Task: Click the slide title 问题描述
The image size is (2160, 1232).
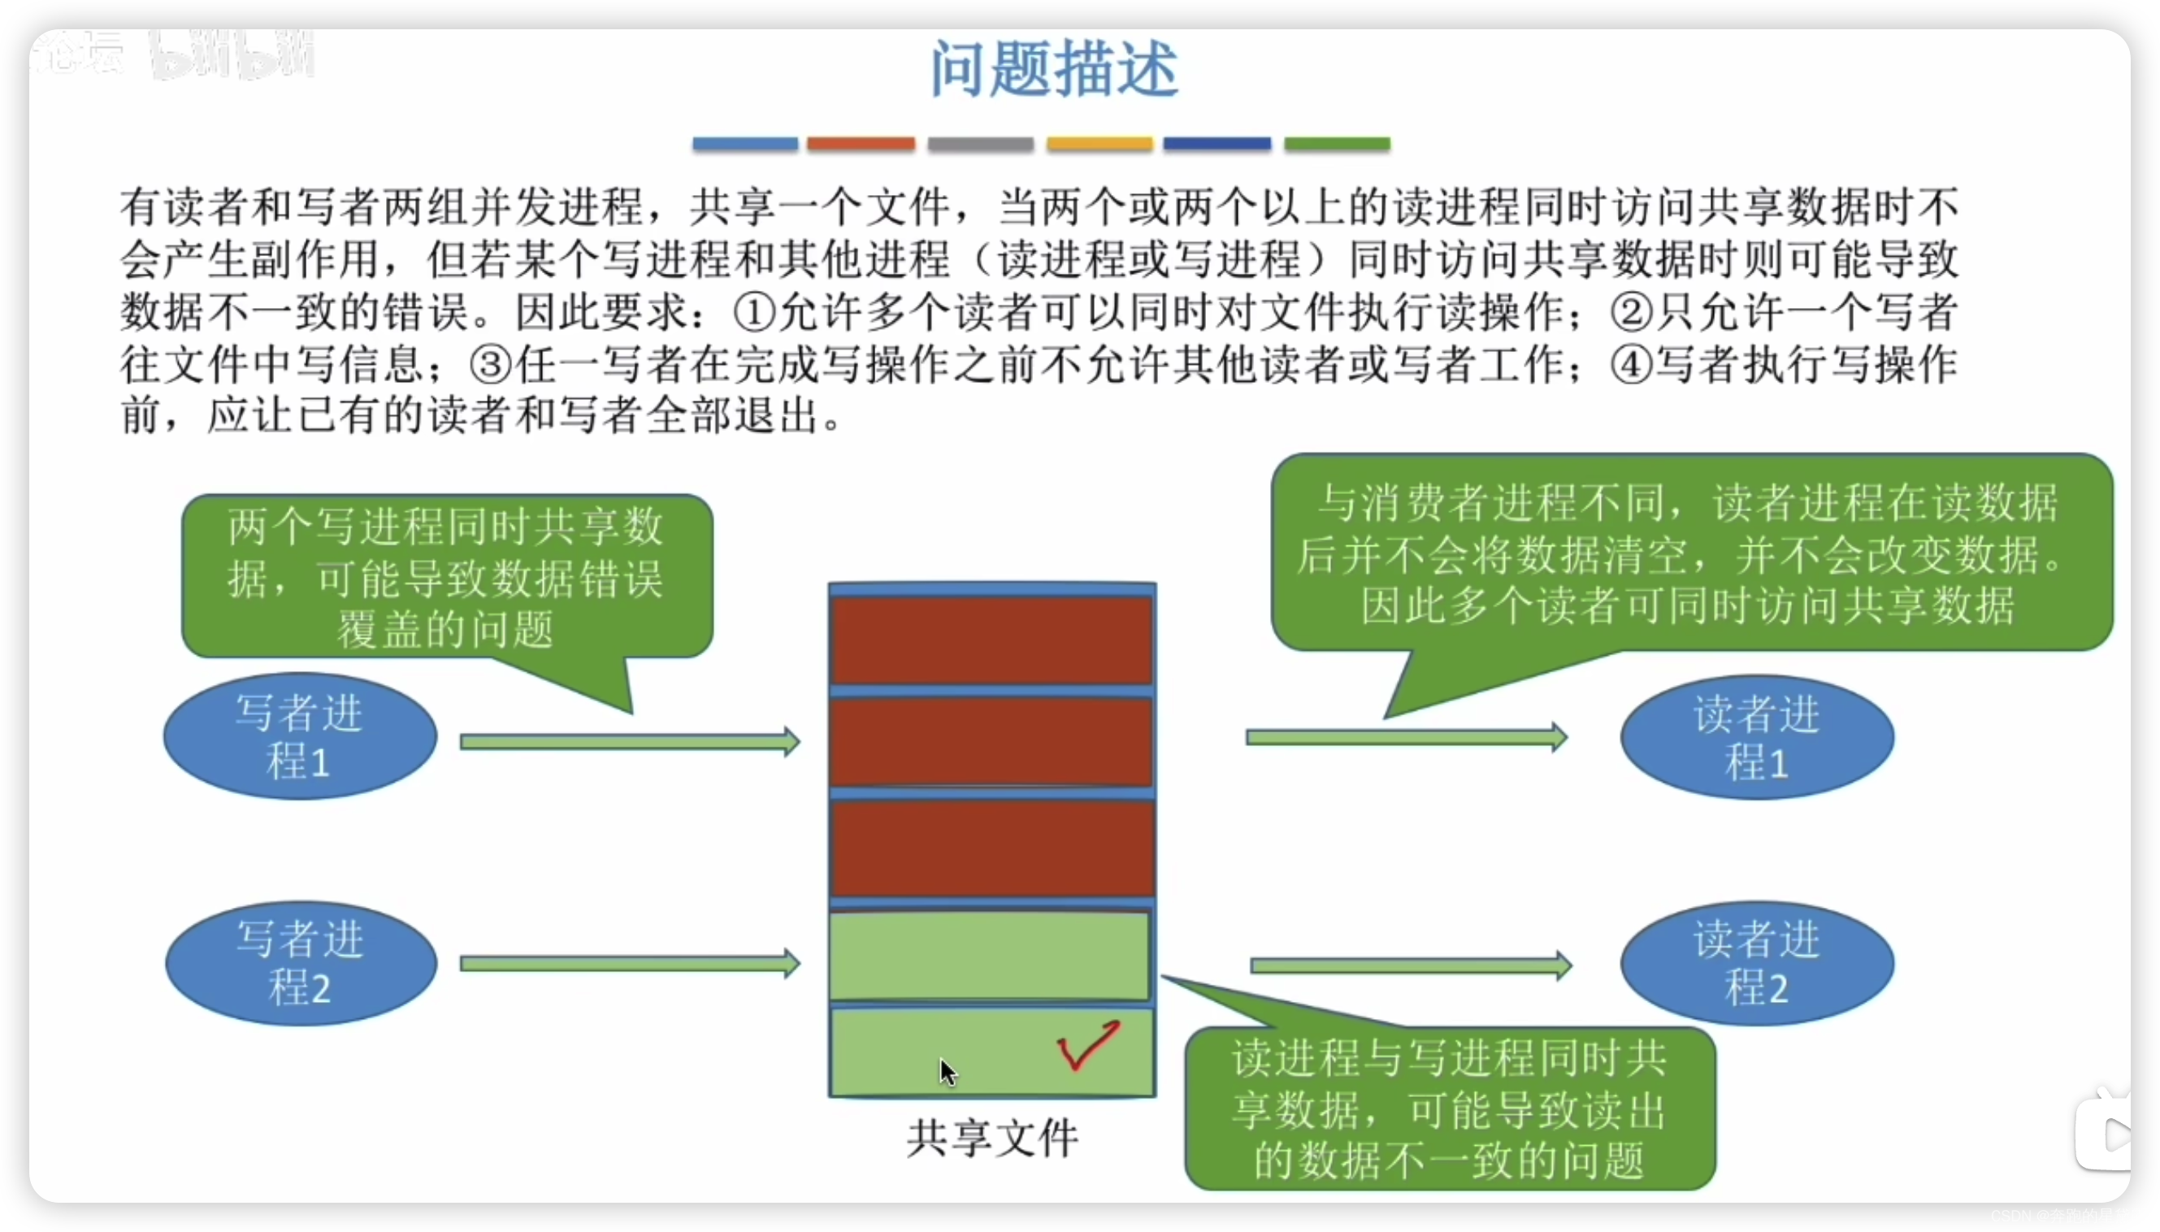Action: click(1053, 69)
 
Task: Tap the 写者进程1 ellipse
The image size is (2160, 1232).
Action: click(301, 736)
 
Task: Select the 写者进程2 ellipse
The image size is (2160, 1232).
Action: click(301, 963)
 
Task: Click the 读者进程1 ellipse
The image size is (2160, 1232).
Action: click(1757, 736)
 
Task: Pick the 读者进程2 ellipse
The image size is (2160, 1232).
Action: click(1757, 963)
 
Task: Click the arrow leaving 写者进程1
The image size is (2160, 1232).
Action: click(630, 742)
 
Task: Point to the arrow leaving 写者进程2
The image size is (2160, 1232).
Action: click(630, 964)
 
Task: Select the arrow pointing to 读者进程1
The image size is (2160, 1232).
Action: click(1406, 737)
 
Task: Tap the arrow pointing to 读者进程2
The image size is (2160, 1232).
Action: click(1411, 965)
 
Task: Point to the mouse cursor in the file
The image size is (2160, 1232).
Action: click(947, 1071)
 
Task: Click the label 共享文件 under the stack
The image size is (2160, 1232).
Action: click(991, 1138)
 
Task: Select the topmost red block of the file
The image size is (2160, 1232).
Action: click(991, 640)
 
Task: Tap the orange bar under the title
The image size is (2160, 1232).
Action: click(861, 144)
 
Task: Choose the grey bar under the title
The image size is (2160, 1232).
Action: click(980, 144)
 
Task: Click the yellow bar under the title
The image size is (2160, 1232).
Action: click(1099, 144)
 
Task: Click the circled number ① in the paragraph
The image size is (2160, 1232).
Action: click(754, 312)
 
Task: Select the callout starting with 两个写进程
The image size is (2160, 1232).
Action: click(447, 577)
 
